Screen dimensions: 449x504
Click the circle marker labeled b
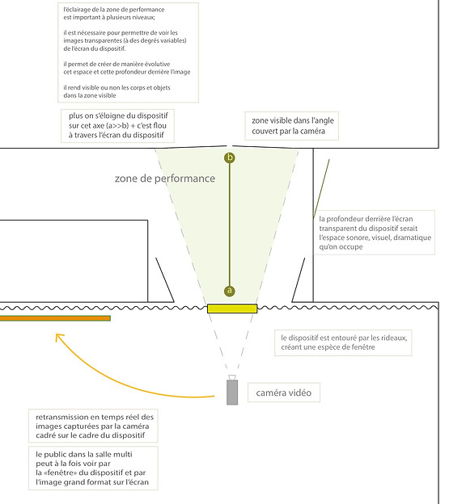click(230, 157)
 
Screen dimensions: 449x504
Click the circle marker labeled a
click(230, 291)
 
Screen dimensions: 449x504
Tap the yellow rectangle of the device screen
click(232, 309)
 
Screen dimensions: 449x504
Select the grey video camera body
click(232, 393)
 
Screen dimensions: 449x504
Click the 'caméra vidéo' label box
click(284, 393)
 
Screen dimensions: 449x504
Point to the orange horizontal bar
click(55, 318)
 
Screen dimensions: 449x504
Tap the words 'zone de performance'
click(165, 178)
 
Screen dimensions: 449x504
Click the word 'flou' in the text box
click(156, 125)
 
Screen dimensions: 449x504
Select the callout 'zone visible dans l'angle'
click(291, 126)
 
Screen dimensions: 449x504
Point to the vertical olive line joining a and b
click(230, 225)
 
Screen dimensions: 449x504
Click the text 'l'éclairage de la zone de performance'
click(114, 10)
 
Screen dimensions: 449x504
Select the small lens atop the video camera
click(232, 377)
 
